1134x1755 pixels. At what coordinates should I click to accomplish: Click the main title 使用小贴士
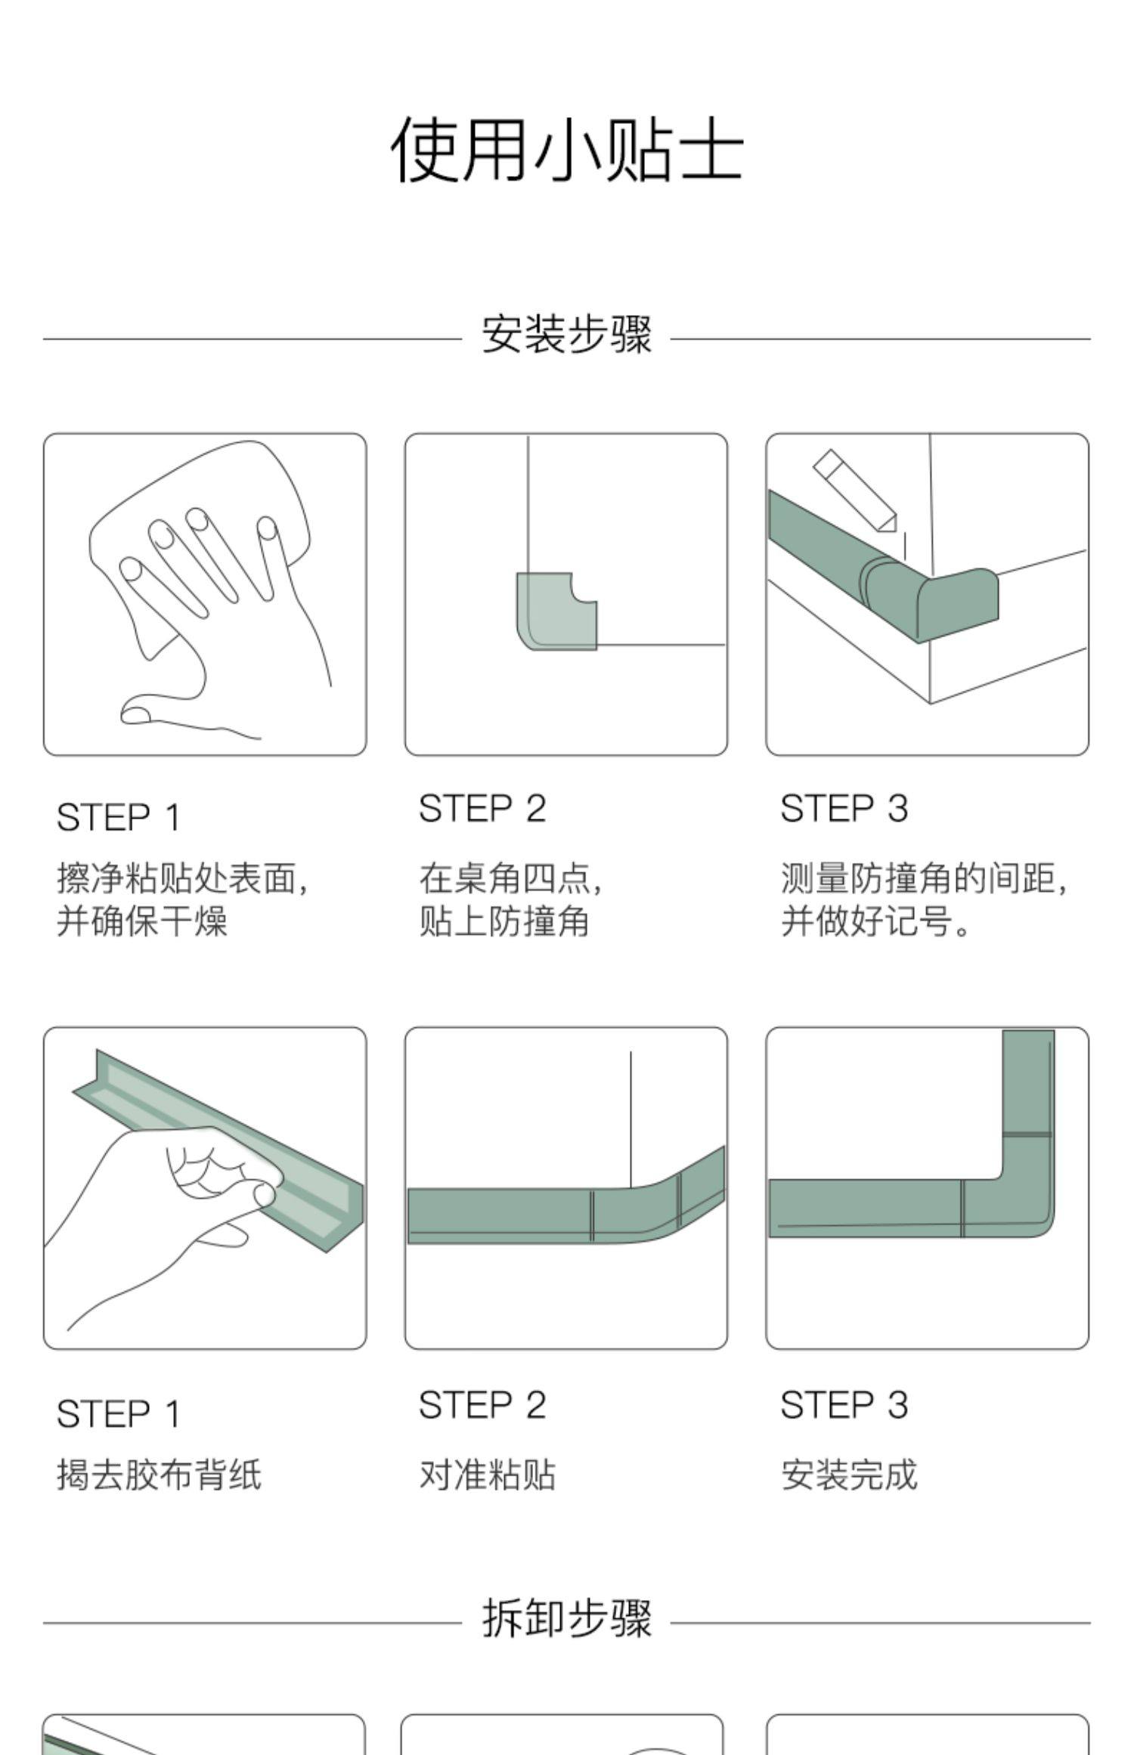tap(567, 150)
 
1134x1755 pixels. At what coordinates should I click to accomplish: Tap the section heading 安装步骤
tap(567, 335)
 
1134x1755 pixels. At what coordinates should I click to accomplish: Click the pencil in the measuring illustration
tap(855, 492)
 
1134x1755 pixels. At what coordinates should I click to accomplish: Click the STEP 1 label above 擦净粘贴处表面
tap(119, 818)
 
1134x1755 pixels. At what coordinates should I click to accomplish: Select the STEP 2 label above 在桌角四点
tap(482, 809)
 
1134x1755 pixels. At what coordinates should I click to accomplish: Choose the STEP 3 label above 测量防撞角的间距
tap(844, 809)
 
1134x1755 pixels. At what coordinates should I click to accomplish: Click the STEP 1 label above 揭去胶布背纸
tap(119, 1414)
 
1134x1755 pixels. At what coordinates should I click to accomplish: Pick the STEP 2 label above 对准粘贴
tap(482, 1405)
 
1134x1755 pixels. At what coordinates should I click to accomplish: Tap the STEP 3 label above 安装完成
tap(844, 1405)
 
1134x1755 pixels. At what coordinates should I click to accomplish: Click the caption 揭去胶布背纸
tap(160, 1475)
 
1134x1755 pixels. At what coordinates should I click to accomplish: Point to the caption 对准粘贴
tap(488, 1475)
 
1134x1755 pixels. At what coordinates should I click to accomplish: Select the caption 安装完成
tap(849, 1475)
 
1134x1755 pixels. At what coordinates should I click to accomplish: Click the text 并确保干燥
tap(142, 921)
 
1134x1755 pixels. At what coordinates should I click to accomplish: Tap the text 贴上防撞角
tap(504, 921)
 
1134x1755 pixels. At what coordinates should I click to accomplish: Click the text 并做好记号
tap(866, 921)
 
